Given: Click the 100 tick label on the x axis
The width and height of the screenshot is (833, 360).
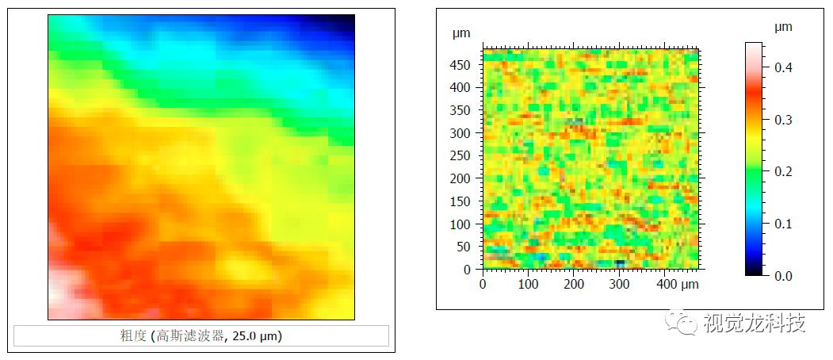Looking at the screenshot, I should point(527,284).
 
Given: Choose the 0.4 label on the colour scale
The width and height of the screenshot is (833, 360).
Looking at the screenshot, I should point(783,68).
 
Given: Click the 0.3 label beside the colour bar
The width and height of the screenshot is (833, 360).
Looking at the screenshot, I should point(783,120).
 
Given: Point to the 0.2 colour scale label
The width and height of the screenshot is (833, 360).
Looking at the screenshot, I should point(783,172).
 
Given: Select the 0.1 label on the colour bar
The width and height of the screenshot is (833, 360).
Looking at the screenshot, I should point(783,224).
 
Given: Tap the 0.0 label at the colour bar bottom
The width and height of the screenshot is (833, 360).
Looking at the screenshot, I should point(783,275).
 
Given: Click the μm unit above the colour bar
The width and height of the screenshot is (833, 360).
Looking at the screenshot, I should point(783,27).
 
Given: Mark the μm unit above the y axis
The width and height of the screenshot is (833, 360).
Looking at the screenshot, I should point(461,33).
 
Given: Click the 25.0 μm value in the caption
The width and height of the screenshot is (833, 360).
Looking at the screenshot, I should point(255,336).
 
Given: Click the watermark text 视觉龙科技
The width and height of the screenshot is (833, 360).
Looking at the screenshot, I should point(754,324).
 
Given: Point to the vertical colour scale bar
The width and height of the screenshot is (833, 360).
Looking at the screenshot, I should point(753,159).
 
